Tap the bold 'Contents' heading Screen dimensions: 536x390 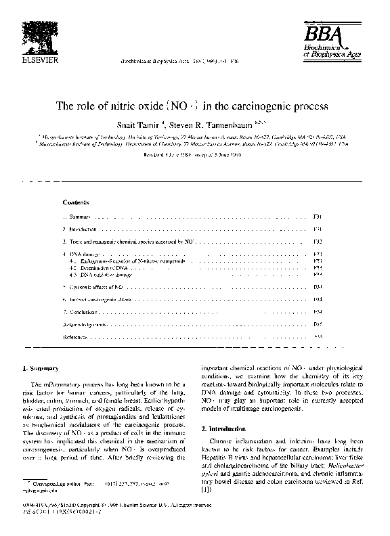point(75,202)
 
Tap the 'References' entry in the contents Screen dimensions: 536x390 point(74,336)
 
